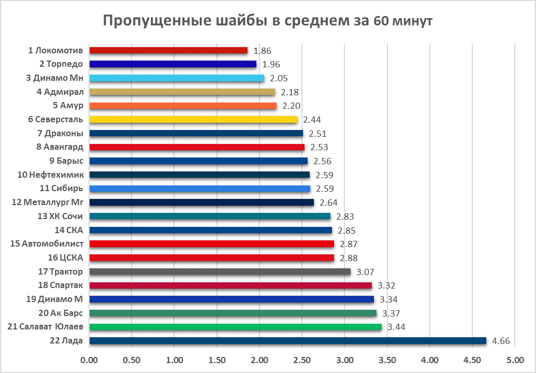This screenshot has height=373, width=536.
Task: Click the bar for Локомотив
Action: [168, 50]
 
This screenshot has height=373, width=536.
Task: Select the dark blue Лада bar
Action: [288, 340]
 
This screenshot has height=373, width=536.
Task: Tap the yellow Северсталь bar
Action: [193, 119]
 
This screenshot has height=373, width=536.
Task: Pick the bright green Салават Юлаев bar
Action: [236, 327]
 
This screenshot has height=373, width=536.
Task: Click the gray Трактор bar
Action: [220, 271]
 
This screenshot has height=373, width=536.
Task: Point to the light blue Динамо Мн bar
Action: [177, 78]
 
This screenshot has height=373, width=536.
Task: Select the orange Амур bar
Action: [183, 106]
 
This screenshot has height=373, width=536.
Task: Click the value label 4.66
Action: [501, 341]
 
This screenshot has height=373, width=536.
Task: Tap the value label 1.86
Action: [263, 51]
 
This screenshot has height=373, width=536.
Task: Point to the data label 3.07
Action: [366, 271]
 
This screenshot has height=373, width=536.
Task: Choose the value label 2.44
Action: [312, 120]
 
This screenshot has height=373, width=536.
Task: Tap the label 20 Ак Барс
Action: [61, 313]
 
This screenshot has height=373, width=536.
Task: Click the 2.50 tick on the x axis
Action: [302, 359]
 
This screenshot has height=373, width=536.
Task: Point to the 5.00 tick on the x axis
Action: [514, 359]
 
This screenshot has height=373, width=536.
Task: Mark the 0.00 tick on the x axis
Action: [90, 359]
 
